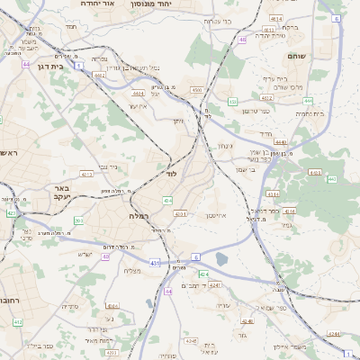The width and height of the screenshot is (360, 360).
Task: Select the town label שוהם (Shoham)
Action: tap(297, 56)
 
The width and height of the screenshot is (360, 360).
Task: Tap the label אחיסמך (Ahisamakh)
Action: tap(228, 216)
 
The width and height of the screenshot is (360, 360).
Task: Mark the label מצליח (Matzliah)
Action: tap(133, 270)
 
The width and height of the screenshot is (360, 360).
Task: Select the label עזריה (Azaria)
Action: tap(224, 306)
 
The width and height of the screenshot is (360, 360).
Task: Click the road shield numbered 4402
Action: tap(98, 76)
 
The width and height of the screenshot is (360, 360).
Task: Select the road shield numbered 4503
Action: tap(196, 90)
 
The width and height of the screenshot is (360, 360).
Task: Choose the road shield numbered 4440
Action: tap(280, 142)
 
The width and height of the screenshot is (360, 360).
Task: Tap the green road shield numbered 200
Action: tap(79, 220)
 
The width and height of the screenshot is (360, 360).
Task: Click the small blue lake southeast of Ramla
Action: tap(222, 260)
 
